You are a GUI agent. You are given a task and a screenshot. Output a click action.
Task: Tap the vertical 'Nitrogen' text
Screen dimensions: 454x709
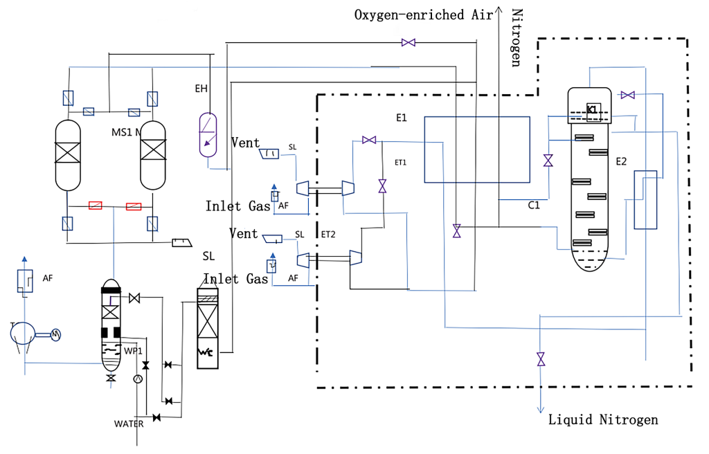point(516,38)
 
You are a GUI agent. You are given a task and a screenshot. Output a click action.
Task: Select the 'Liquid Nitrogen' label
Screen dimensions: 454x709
point(602,419)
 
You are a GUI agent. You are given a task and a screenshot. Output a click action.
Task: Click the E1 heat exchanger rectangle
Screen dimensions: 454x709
point(476,149)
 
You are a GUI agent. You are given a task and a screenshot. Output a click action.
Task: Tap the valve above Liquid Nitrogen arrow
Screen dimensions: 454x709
point(541,359)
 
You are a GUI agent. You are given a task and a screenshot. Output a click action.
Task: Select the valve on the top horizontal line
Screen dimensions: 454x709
point(409,43)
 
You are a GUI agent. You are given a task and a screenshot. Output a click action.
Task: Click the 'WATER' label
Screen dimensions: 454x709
point(129,424)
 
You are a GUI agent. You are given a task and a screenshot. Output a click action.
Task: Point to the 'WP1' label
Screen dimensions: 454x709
point(134,351)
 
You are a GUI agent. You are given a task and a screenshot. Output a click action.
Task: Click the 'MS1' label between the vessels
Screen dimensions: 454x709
point(123,131)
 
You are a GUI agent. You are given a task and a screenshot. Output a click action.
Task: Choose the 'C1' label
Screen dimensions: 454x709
point(534,205)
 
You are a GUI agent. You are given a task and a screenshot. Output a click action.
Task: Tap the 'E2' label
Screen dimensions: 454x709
point(621,161)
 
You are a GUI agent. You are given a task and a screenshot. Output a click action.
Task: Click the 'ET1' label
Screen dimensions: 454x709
point(400,163)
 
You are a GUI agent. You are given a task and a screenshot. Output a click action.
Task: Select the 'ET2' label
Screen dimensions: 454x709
point(328,234)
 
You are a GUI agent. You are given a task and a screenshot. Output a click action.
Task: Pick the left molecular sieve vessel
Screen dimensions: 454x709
point(69,155)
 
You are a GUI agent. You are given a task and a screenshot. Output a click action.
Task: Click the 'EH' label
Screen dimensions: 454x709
point(201,88)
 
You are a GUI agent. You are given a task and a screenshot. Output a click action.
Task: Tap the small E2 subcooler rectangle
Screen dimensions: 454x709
point(645,199)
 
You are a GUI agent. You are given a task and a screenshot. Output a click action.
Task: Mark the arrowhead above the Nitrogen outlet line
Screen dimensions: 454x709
point(499,10)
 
